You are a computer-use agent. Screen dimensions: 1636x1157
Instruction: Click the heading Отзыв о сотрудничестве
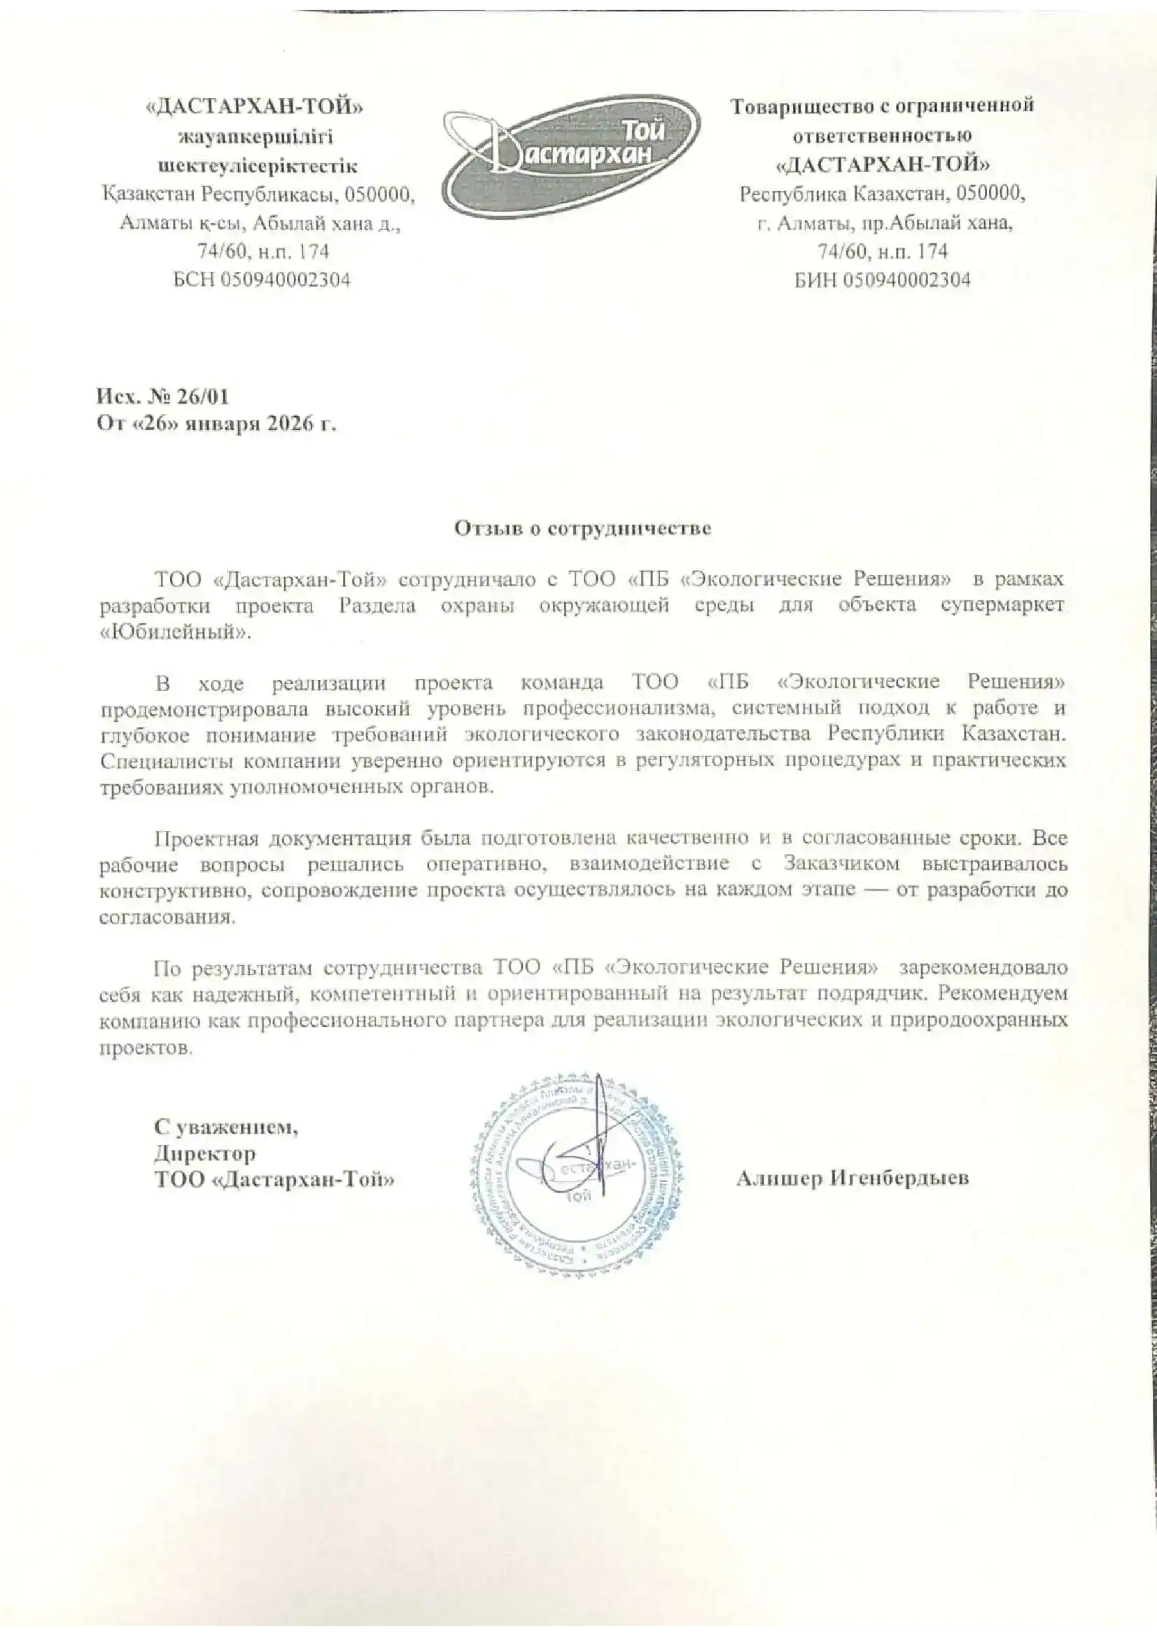tap(583, 529)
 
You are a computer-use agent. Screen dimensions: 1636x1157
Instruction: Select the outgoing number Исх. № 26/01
tap(162, 396)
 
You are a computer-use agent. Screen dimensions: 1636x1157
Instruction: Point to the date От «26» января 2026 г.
tap(216, 425)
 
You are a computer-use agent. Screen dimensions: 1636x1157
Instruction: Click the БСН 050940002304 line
tap(262, 280)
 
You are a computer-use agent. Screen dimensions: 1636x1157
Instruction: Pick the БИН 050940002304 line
tap(883, 280)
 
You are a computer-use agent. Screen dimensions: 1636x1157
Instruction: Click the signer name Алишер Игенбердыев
tap(852, 1179)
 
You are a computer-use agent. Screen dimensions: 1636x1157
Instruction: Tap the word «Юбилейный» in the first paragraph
tap(176, 633)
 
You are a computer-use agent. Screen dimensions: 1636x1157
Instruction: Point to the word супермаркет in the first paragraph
tap(1002, 606)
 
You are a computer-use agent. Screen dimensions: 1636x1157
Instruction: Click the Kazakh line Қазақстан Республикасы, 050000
tap(258, 194)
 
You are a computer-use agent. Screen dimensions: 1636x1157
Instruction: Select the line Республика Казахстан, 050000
tap(883, 194)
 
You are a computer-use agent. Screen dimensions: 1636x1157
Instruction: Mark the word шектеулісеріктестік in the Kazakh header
tap(258, 166)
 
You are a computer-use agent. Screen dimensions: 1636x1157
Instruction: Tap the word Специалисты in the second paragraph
tap(166, 761)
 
